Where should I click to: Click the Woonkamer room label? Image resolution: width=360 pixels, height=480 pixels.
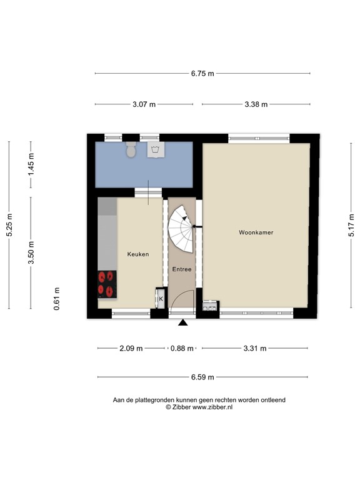point(256,232)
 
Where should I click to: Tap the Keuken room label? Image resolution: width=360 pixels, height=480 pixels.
point(137,254)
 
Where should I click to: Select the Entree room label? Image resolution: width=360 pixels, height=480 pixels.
point(182,269)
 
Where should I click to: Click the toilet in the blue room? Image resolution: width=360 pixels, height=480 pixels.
point(131,150)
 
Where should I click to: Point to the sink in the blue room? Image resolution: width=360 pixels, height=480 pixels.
point(155,150)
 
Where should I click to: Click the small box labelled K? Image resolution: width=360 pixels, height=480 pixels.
point(161,299)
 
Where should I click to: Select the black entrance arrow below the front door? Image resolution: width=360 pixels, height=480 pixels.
point(182,323)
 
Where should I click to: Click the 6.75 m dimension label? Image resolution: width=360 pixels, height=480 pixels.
point(202,74)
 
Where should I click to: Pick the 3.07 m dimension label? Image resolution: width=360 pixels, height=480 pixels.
point(144,104)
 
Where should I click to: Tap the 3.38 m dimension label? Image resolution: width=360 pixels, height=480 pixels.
point(256,104)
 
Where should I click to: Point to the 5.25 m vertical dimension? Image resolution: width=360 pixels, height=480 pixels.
point(9,225)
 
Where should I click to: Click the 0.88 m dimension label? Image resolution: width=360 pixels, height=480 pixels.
point(182,349)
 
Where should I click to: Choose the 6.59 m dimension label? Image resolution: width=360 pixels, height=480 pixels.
point(202,377)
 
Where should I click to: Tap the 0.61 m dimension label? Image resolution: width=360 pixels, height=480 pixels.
point(57,298)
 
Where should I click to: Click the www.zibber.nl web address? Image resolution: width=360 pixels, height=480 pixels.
point(212,407)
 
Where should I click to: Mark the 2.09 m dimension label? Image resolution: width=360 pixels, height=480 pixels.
point(131,349)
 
